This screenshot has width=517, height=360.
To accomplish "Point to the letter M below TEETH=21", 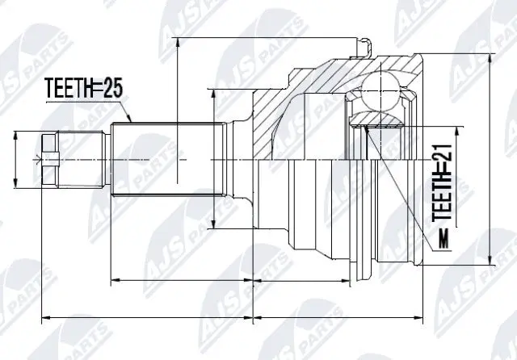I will coord(442,239).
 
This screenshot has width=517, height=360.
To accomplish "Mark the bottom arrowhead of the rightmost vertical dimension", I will coord(491,265).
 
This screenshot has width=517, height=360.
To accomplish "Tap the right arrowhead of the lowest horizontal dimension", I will coord(422,318).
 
